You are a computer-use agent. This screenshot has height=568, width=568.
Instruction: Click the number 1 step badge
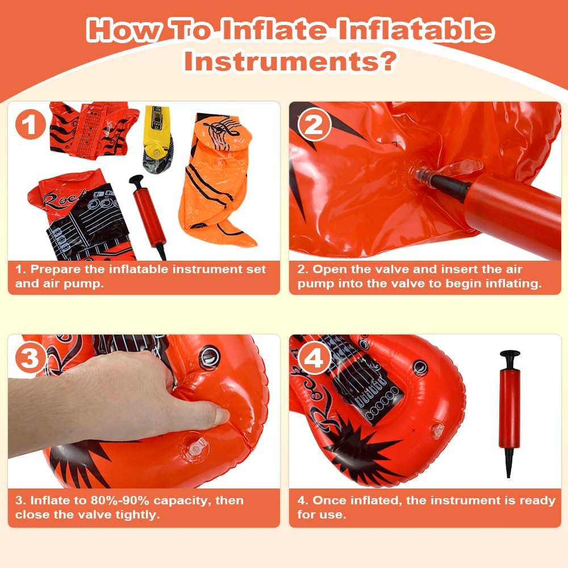coord(31,124)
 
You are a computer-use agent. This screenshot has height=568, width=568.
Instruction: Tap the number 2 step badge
coord(314,124)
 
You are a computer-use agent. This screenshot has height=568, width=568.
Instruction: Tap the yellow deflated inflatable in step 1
coord(157,140)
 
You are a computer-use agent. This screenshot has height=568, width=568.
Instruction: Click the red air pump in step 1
coord(148,216)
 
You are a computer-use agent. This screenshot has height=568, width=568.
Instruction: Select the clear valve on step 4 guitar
coord(438,431)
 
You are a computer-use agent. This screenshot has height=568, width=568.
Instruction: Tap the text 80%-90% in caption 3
coord(120,500)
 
